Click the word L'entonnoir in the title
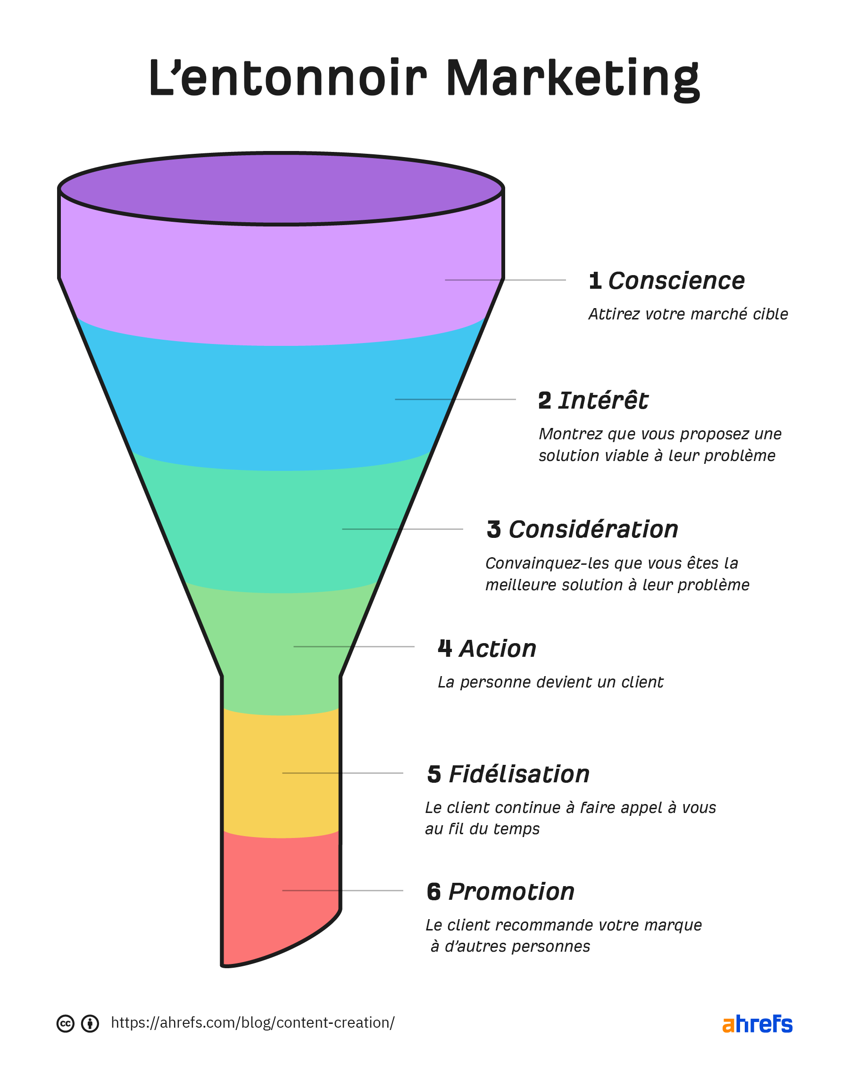click(288, 79)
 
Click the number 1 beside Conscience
click(595, 281)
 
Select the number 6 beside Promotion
click(434, 892)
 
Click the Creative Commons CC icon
click(65, 1024)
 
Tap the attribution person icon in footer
click(90, 1024)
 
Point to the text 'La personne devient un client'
click(550, 682)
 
